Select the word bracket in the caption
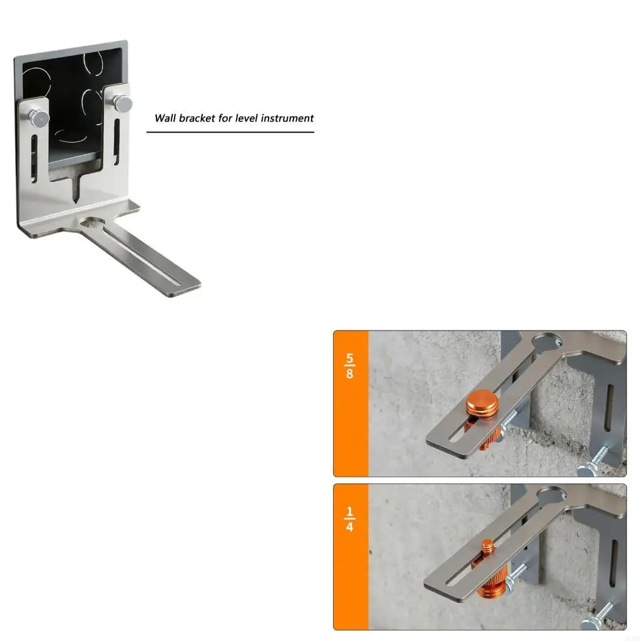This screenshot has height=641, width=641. coord(197,118)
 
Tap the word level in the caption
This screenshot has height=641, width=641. coord(247,118)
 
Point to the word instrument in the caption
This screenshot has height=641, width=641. coord(287,118)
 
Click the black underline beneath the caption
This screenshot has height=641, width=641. coord(230,132)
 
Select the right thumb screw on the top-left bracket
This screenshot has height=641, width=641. coord(122,103)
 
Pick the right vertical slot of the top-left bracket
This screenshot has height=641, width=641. coord(117,136)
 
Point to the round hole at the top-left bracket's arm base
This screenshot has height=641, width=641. coord(93,223)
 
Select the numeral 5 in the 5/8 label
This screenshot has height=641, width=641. coord(349,361)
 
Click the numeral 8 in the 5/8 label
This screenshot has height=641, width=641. coord(349,375)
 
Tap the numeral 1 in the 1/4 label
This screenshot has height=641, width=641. coord(349,512)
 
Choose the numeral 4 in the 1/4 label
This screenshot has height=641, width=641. coord(349,527)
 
